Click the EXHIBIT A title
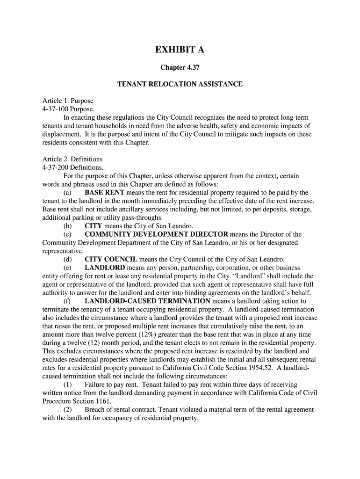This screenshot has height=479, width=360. pyautogui.click(x=180, y=50)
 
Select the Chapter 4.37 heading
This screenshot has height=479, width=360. pyautogui.click(x=180, y=68)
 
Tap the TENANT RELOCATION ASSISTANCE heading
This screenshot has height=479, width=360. pyautogui.click(x=180, y=84)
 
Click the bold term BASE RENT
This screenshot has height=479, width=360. pyautogui.click(x=104, y=193)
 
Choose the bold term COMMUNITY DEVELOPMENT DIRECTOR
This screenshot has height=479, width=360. pyautogui.click(x=156, y=234)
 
